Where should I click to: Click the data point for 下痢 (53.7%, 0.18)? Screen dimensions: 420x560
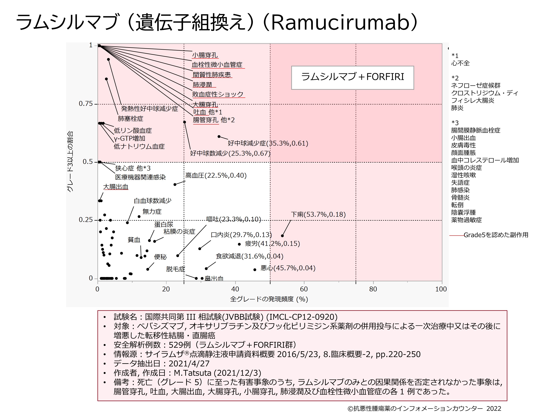[x=282, y=236]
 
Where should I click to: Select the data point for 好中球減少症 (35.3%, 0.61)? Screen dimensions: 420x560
[x=219, y=137]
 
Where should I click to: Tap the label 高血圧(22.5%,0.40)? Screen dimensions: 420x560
[x=216, y=175]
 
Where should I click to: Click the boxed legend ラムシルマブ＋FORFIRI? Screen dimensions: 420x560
[x=352, y=77]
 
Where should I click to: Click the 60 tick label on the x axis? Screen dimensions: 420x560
[x=304, y=289]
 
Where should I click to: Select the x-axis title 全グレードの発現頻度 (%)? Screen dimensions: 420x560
[x=269, y=299]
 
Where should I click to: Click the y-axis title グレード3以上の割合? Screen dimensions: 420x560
[x=70, y=161]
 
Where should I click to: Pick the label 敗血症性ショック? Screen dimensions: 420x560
[x=218, y=94]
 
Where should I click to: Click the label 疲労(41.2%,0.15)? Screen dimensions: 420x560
[x=272, y=244]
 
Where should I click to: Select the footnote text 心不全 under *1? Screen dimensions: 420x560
[x=460, y=63]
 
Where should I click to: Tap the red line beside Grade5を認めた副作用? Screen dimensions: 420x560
[x=456, y=235]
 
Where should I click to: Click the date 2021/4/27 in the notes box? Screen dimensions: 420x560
[x=189, y=364]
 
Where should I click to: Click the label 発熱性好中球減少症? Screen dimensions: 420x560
[x=149, y=109]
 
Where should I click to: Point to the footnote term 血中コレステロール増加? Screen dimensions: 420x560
[x=485, y=160]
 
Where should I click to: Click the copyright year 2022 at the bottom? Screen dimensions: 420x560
[x=494, y=409]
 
